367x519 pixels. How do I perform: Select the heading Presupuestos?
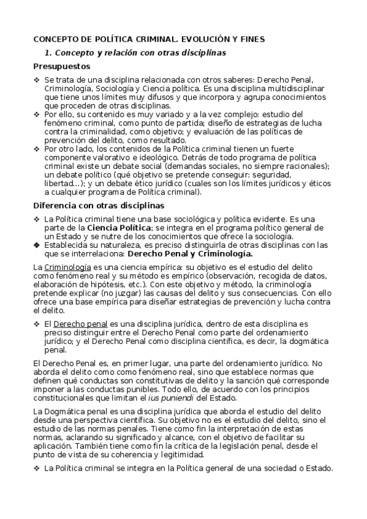[62, 66]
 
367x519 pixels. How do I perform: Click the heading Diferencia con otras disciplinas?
[98, 205]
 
